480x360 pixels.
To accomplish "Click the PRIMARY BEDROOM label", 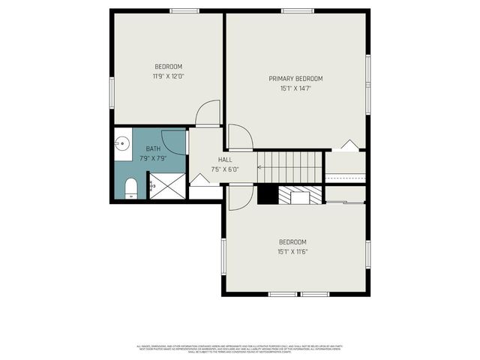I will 295,79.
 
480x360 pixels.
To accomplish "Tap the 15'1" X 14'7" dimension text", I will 295,88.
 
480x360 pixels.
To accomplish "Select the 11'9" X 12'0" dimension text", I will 168,76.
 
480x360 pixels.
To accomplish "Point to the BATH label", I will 153,149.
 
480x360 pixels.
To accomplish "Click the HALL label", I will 225,160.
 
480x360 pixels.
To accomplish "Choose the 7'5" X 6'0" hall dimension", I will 225,169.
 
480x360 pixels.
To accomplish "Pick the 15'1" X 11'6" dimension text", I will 292,251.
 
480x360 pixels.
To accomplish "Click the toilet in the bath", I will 130,187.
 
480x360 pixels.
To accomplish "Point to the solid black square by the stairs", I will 267,195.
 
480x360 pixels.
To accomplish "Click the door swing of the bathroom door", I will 174,142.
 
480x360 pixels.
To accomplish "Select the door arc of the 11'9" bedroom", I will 208,113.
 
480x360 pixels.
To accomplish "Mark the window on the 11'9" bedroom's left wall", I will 112,91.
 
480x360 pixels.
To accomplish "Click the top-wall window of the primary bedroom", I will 297,10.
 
